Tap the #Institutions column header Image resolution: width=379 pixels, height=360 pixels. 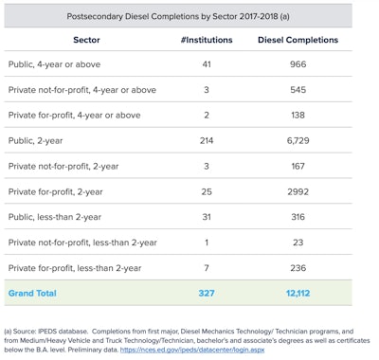pos(207,40)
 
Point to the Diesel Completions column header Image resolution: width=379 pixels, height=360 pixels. pos(298,40)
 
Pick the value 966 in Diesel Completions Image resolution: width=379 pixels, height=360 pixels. pos(298,64)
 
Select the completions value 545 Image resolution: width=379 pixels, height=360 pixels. pos(298,90)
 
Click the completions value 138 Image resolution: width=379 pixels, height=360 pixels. pos(298,116)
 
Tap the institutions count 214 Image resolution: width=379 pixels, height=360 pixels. pos(207,141)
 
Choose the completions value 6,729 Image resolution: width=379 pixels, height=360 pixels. pos(298,141)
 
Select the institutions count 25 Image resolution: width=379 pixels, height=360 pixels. pos(207,191)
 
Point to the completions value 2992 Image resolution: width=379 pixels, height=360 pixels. pos(298,191)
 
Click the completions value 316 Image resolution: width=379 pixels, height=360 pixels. pos(298,217)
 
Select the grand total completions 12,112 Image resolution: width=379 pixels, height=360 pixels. pos(298,294)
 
